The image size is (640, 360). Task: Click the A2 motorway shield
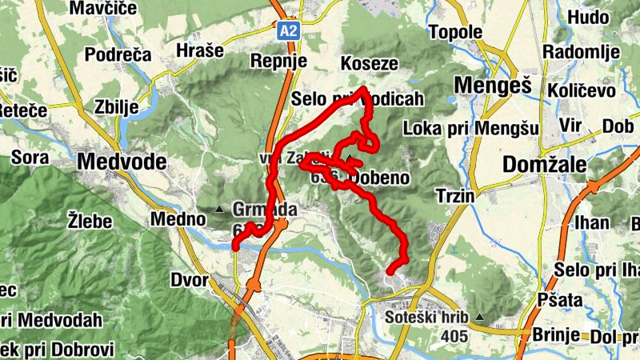(289, 31)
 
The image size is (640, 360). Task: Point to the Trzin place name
(456, 196)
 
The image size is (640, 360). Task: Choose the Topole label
(455, 33)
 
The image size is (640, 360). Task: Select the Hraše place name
(198, 50)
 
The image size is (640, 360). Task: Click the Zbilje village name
(116, 106)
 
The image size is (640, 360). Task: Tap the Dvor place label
(190, 281)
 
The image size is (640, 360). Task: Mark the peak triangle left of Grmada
(219, 210)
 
